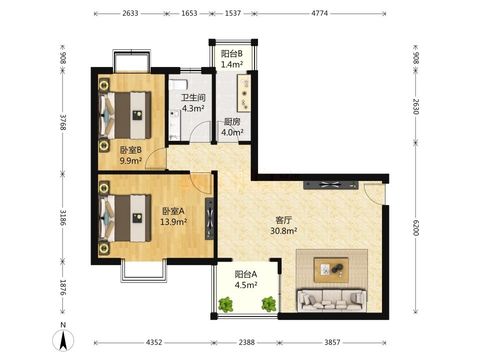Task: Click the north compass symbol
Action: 63,339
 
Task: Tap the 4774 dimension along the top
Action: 319,13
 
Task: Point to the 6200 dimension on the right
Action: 415,227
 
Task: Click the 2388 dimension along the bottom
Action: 246,342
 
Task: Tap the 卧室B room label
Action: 130,150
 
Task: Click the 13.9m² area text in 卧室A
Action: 173,221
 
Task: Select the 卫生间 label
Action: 193,97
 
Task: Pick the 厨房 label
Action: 232,122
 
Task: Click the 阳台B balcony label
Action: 231,54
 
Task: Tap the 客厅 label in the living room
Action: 284,220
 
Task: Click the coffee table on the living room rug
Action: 331,269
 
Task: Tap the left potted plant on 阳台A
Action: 225,304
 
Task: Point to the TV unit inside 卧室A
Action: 209,218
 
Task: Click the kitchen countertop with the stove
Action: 244,93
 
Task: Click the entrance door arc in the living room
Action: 373,194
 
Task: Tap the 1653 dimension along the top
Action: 189,13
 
